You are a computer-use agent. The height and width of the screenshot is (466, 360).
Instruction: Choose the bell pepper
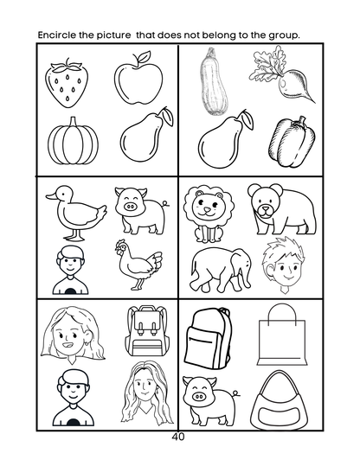tap(288, 138)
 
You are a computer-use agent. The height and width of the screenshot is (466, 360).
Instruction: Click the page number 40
tap(179, 437)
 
